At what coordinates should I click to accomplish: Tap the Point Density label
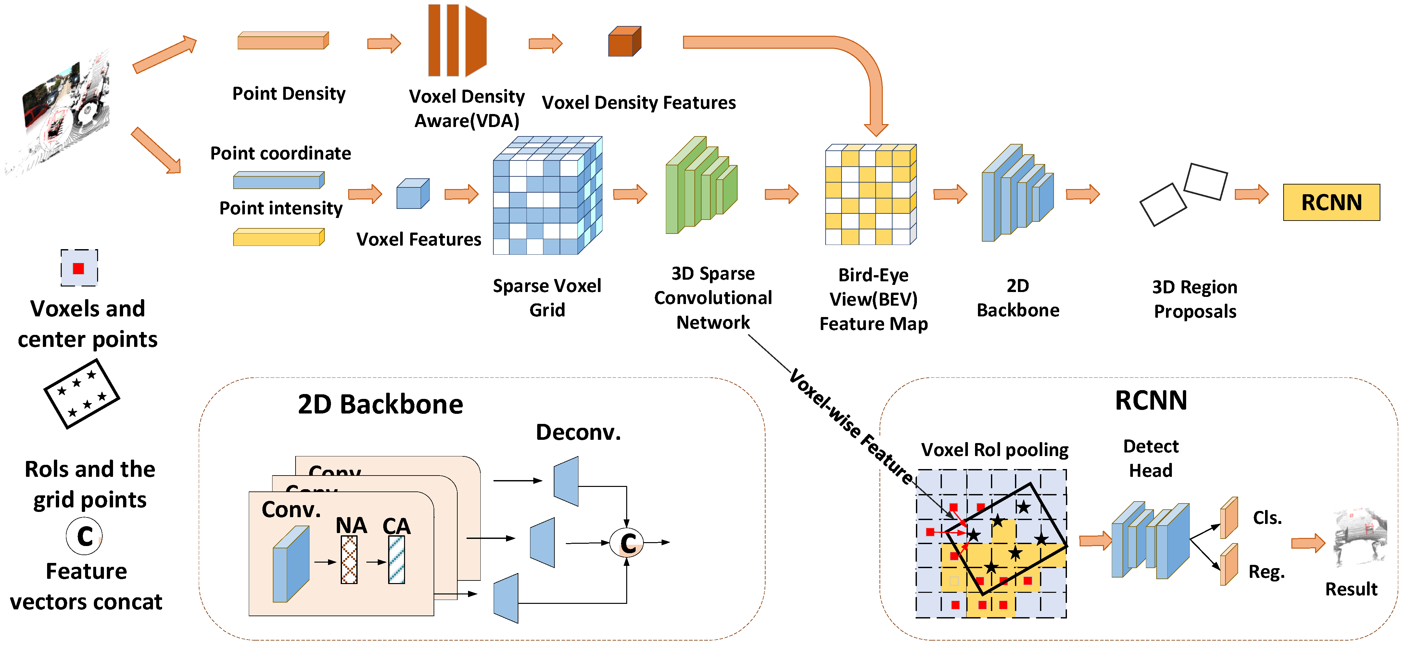point(289,94)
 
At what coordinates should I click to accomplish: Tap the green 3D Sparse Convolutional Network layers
point(701,186)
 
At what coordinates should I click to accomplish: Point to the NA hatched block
point(349,559)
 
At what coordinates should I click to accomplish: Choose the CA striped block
point(397,559)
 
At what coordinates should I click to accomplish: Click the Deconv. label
point(578,432)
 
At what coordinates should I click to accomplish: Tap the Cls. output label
point(1267,517)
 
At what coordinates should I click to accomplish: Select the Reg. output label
point(1266,571)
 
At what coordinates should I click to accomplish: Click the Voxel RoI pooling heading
point(994,450)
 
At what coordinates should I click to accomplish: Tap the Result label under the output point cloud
point(1351,589)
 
